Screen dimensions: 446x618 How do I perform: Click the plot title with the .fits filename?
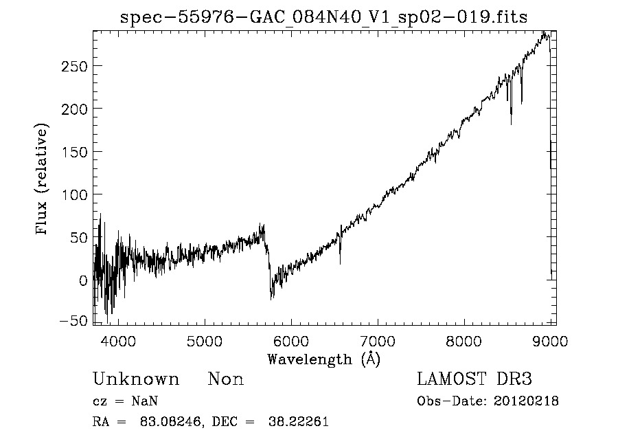(x=323, y=18)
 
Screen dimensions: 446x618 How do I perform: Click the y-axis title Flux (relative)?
(x=43, y=180)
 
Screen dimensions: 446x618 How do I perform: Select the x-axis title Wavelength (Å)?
(x=323, y=359)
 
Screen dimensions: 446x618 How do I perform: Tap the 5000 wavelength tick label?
(x=205, y=342)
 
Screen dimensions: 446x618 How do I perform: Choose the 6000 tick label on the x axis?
(x=291, y=342)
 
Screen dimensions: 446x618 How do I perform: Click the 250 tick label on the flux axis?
(x=73, y=66)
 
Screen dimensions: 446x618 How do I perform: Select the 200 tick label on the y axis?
(x=73, y=109)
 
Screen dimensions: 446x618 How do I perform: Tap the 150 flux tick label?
(x=73, y=152)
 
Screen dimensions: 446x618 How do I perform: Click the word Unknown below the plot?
(x=136, y=379)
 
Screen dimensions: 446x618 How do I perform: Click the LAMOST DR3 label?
(x=474, y=379)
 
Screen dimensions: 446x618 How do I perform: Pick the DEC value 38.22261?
(x=299, y=422)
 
